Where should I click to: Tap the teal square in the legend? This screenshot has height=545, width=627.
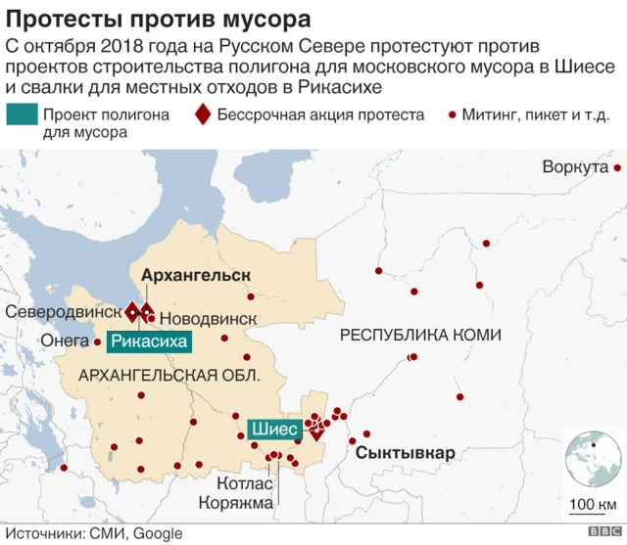coord(19,115)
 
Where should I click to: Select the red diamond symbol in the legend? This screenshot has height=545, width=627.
coord(202,115)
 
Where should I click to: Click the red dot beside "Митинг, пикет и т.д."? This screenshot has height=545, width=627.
coord(452,115)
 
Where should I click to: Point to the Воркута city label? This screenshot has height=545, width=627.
coord(575,167)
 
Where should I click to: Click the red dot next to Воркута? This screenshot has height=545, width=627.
coord(618,167)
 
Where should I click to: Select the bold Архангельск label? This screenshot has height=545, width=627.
coord(196,275)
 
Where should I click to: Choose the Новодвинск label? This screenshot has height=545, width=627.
coord(207,319)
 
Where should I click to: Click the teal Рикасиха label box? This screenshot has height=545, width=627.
coord(147,341)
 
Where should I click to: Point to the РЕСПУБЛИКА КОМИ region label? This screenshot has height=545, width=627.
coord(419,336)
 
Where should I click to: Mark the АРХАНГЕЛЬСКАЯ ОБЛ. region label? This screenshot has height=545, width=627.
coord(169,376)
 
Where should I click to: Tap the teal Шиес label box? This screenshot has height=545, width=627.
coord(273,429)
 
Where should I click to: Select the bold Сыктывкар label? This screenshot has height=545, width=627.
coord(405,454)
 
